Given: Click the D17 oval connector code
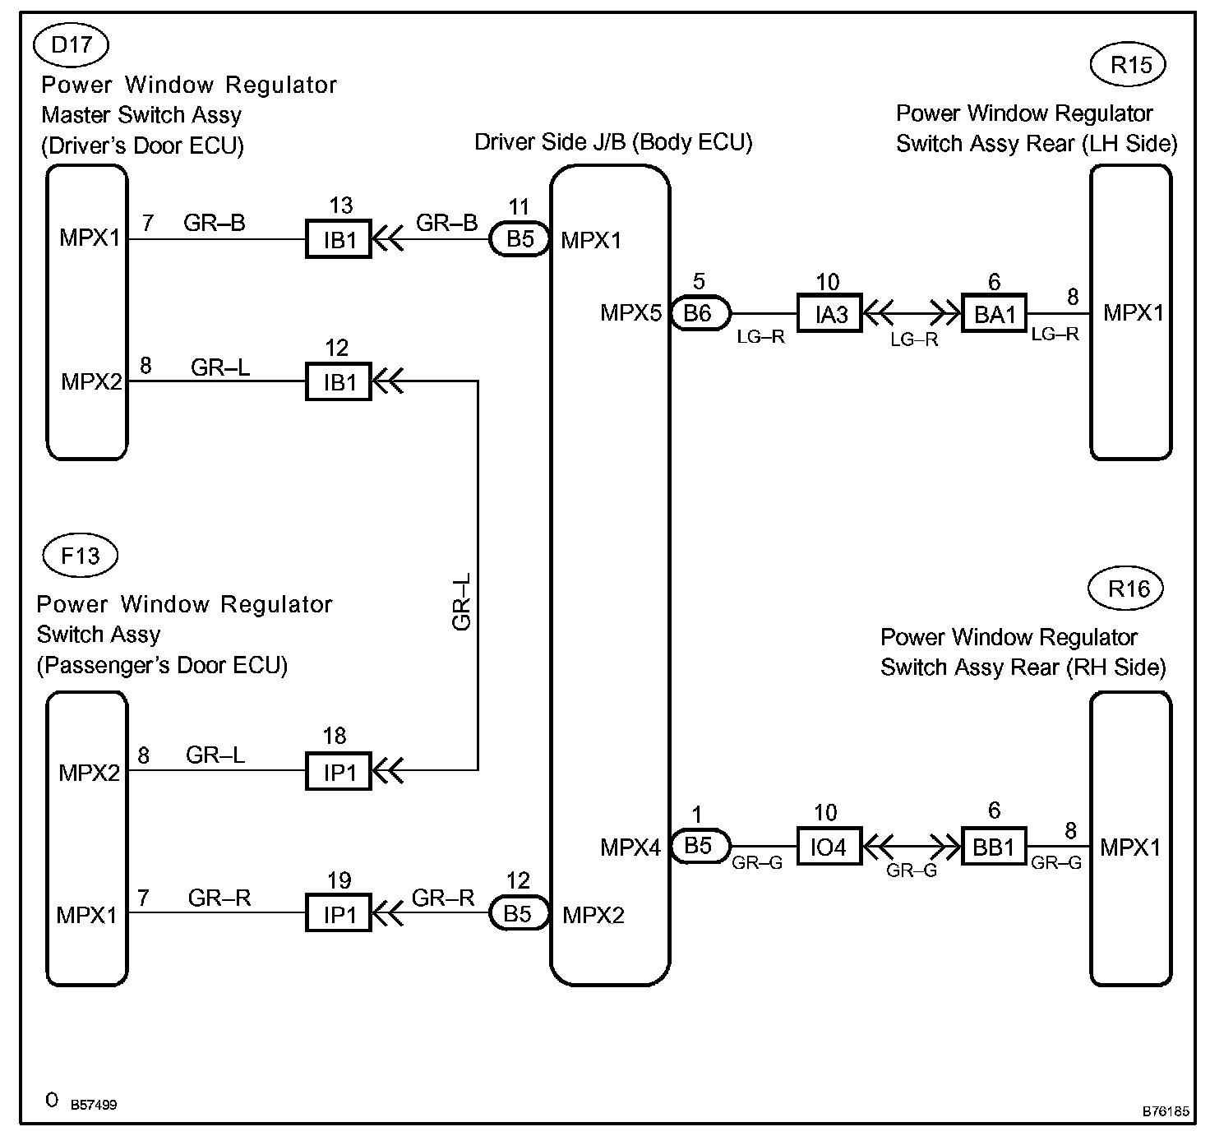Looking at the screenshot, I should tap(71, 44).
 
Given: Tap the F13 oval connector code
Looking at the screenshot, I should tap(80, 556).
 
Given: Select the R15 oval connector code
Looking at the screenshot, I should tap(1131, 65).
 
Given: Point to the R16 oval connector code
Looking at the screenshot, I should tap(1128, 589).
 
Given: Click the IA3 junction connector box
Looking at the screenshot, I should tap(830, 313).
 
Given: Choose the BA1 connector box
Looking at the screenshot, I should tap(995, 313).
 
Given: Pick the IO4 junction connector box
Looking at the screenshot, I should tap(829, 847).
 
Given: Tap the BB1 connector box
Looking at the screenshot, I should tap(994, 847).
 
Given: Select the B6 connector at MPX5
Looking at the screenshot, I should tap(699, 312).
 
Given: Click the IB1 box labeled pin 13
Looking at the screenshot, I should tap(339, 239).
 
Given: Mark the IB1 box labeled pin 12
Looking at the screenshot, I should tap(339, 381).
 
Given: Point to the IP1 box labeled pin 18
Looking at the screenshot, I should tap(339, 771).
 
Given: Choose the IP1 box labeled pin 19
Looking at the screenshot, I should tap(339, 912).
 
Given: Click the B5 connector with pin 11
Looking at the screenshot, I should tap(520, 239).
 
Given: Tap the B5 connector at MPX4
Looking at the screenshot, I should tap(699, 845).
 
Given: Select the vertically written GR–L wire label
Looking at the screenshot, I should tap(462, 602).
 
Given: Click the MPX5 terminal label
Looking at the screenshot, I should tap(630, 312).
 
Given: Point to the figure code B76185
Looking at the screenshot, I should tap(1165, 1111).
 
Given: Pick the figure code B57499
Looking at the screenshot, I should tap(93, 1105).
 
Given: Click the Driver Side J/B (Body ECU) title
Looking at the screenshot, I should tap(613, 142).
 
